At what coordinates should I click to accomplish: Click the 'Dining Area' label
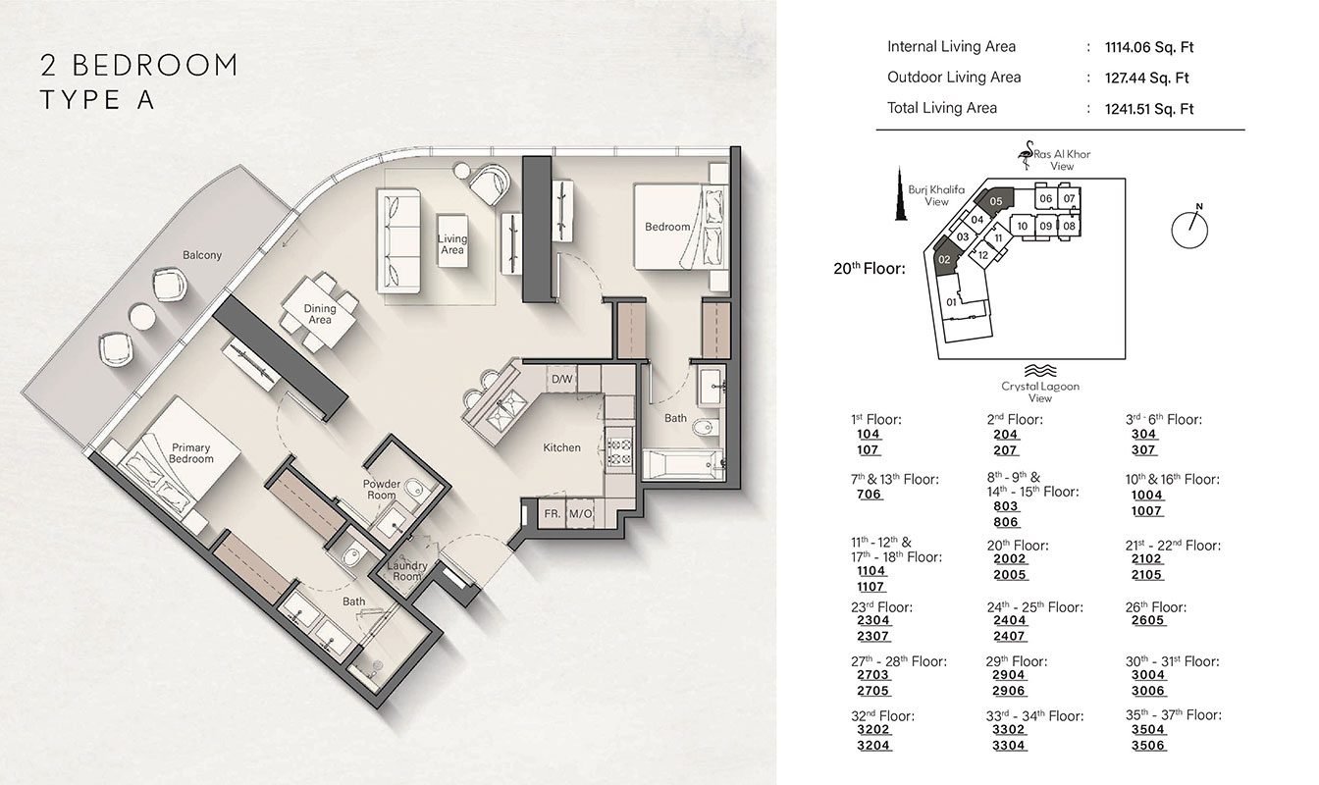[319, 314]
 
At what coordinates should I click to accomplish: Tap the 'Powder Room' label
[382, 490]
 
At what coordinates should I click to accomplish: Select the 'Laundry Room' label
[405, 571]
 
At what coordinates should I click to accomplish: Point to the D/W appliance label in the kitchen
[561, 379]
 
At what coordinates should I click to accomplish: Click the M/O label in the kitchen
[580, 513]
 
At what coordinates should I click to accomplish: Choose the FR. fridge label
[553, 513]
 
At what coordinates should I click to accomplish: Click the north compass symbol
[1188, 225]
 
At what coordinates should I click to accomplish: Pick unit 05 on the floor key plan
[997, 201]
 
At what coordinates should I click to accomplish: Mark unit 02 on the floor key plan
[943, 260]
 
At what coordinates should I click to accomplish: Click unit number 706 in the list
[870, 495]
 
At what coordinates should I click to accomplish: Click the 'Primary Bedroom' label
[190, 453]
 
